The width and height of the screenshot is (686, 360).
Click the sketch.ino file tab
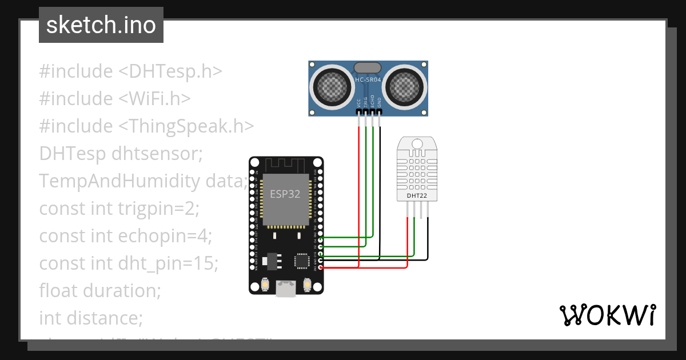coord(101,25)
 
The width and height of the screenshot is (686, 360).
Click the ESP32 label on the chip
coord(285,194)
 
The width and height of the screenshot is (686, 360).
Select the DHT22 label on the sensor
coord(416,196)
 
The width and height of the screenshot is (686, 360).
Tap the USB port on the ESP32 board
coord(286,289)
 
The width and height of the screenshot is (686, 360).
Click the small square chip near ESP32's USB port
coord(301,261)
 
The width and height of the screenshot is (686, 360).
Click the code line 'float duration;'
coord(100,290)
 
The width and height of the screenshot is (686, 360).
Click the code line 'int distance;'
coord(91,317)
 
